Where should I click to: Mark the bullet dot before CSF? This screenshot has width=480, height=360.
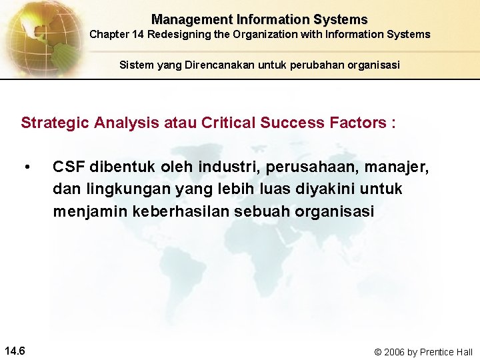(27, 167)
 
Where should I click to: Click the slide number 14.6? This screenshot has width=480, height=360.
(15, 351)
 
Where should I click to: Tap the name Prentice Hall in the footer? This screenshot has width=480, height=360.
(446, 351)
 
